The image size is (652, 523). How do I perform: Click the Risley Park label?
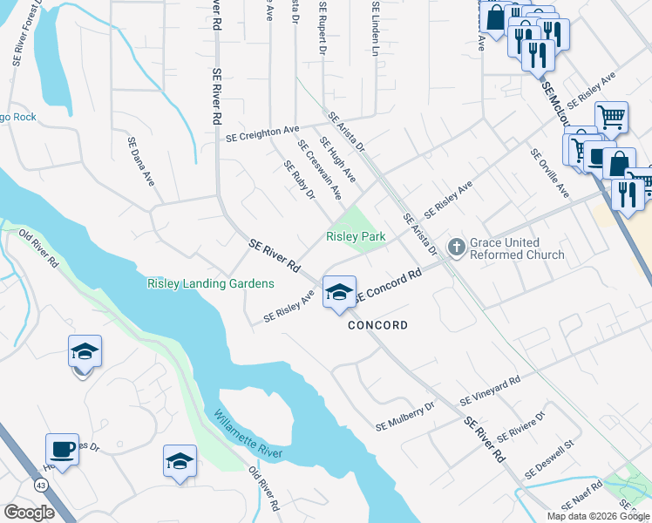[x=356, y=236]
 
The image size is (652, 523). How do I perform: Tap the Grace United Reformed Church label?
[x=517, y=248]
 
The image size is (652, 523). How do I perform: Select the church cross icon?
[x=455, y=248]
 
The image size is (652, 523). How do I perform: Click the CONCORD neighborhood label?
[x=377, y=325]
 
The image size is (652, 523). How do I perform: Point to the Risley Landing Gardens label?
[x=210, y=283]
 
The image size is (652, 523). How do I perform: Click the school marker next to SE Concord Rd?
[x=338, y=292]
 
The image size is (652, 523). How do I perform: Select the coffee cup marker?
[x=62, y=450]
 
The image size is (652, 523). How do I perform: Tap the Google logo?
[x=29, y=513]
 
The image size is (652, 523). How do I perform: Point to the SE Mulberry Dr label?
[x=405, y=416]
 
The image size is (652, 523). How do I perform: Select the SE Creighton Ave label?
[x=262, y=133]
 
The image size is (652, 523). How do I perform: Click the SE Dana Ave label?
[x=140, y=161]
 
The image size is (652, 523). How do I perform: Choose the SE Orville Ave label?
[x=549, y=172]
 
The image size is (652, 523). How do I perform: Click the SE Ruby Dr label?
[x=299, y=180]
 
